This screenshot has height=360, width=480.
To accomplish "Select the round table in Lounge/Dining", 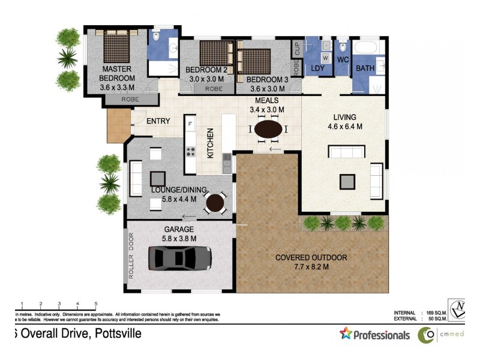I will (x=215, y=202).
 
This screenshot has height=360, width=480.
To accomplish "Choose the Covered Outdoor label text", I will (x=311, y=258).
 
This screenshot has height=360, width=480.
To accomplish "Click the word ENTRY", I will (x=158, y=121).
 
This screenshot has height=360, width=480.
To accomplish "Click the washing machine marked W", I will (x=325, y=58).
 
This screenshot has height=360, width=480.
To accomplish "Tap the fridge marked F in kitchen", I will (x=190, y=124).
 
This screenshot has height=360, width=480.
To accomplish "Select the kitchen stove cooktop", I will (x=191, y=152).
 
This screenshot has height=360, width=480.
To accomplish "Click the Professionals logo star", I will (x=345, y=334).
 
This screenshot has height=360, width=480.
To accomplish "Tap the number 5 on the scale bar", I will (x=96, y=304).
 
